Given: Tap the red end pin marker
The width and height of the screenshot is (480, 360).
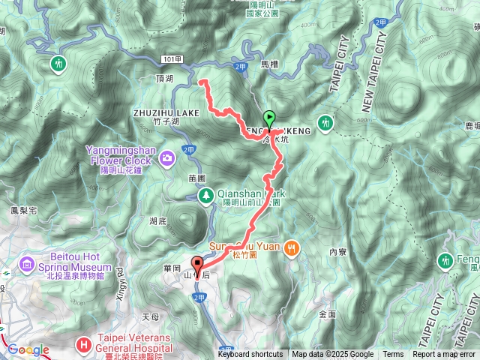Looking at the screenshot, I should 197,265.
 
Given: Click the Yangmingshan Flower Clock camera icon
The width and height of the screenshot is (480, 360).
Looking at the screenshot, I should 166,158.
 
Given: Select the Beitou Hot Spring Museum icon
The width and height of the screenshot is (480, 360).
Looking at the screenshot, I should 27,264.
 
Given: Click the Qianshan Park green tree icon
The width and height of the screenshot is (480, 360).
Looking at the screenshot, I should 206,196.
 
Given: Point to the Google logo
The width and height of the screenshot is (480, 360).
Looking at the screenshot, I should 28,349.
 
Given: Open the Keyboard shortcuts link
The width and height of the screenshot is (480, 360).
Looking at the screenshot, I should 250,355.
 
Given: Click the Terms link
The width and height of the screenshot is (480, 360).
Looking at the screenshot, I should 393,355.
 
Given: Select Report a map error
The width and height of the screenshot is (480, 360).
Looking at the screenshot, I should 444,355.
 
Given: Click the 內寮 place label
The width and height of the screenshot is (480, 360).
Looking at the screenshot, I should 337,253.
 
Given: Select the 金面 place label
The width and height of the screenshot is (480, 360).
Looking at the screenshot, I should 327,313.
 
